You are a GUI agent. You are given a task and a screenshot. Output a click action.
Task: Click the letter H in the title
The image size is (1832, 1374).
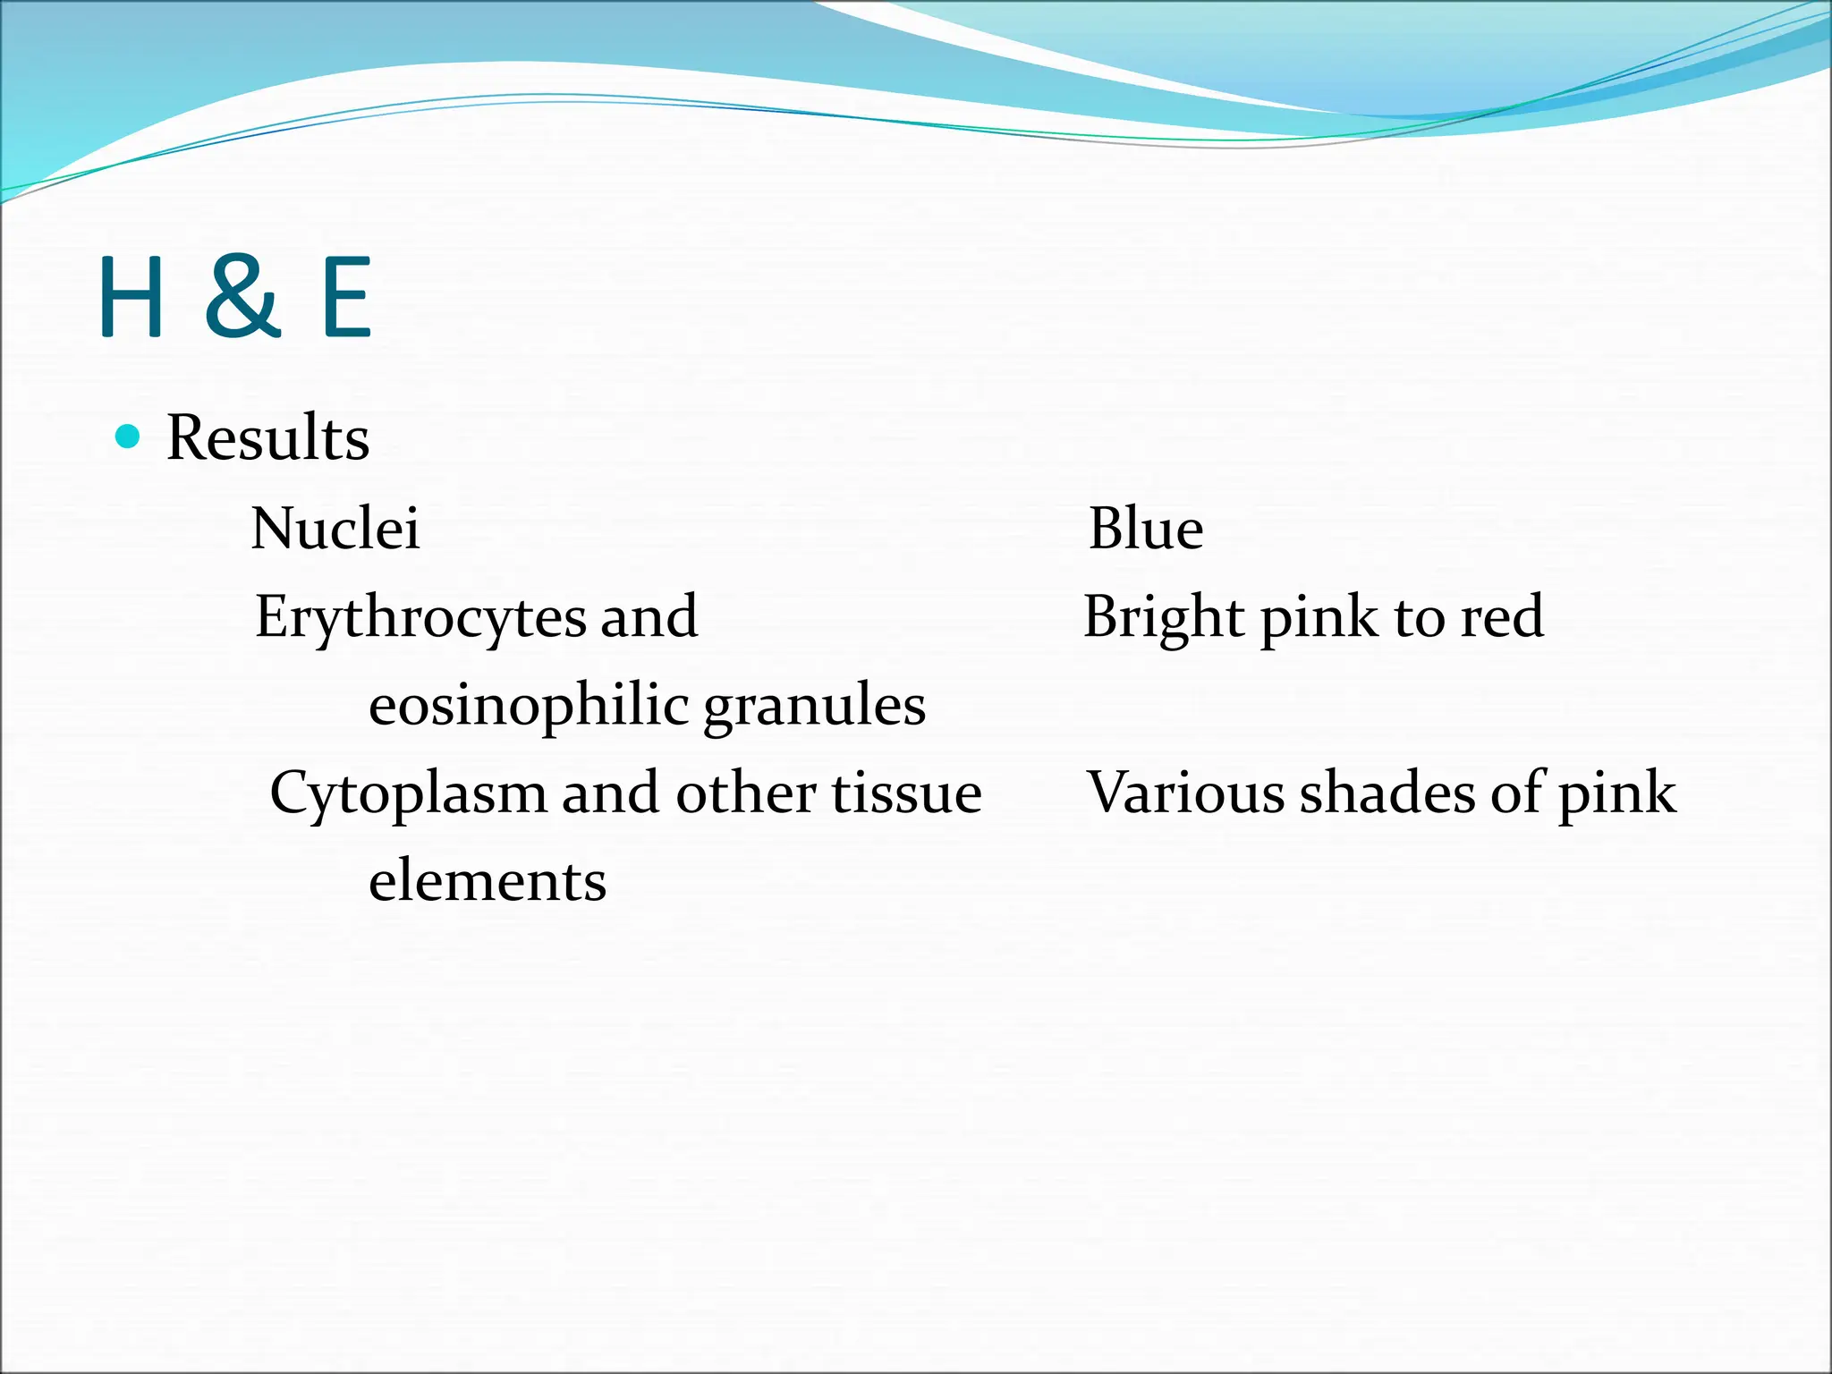pyautogui.click(x=131, y=297)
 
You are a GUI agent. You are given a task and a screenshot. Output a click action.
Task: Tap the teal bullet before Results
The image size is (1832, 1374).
pyautogui.click(x=129, y=437)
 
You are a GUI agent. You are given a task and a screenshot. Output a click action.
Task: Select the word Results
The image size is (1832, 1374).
pyautogui.click(x=267, y=438)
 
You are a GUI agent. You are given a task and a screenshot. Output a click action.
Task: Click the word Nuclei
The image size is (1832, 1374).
pyautogui.click(x=335, y=528)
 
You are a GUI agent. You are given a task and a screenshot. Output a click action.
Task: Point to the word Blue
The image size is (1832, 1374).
pyautogui.click(x=1146, y=528)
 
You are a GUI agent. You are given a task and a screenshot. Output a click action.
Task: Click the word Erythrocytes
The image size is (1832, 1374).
pyautogui.click(x=420, y=618)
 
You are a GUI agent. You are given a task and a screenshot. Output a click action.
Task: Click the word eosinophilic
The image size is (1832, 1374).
pyautogui.click(x=528, y=706)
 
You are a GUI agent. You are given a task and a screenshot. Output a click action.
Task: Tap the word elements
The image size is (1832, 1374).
pyautogui.click(x=488, y=881)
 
